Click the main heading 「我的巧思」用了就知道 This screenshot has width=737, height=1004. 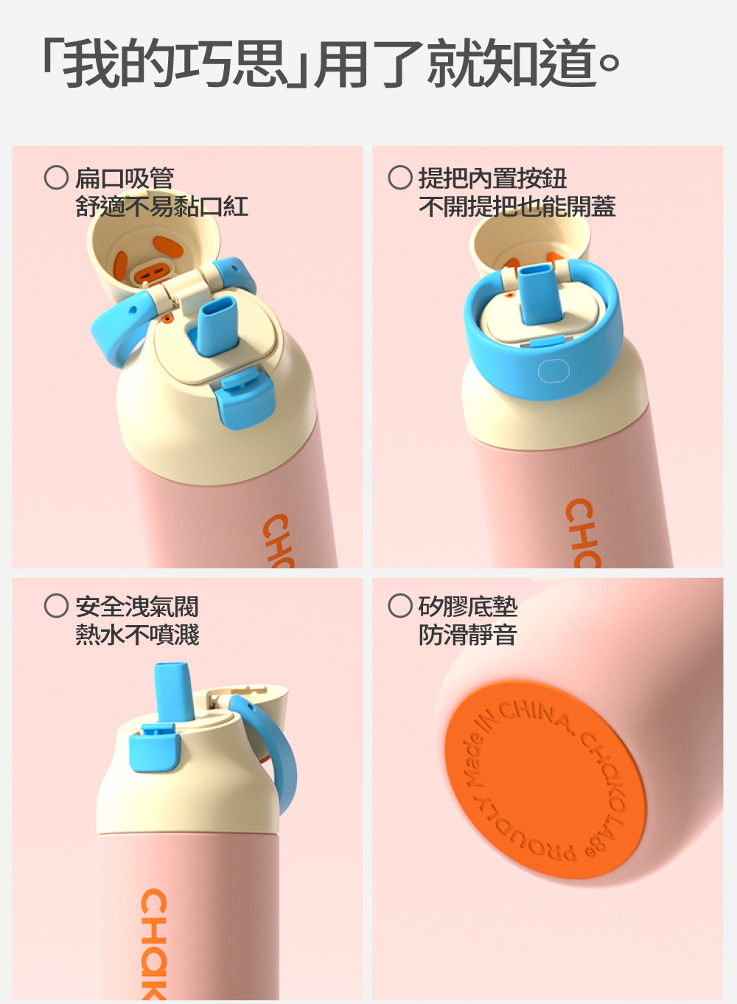click(x=331, y=63)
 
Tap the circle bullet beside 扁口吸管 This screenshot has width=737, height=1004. click(x=57, y=178)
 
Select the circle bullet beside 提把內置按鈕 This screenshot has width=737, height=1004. click(x=400, y=178)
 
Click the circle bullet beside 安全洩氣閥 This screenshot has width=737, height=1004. click(x=57, y=605)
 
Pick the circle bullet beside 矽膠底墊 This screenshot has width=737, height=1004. click(x=400, y=605)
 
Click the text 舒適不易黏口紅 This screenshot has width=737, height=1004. click(x=161, y=206)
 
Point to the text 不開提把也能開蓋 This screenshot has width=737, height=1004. click(x=517, y=206)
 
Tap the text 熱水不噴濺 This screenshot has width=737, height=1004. click(x=137, y=635)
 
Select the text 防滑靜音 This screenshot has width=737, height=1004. click(x=468, y=635)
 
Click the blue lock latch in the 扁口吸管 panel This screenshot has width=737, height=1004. click(x=245, y=398)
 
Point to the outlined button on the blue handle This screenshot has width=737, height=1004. click(x=553, y=371)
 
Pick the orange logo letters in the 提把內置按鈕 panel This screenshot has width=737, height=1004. click(x=582, y=533)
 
